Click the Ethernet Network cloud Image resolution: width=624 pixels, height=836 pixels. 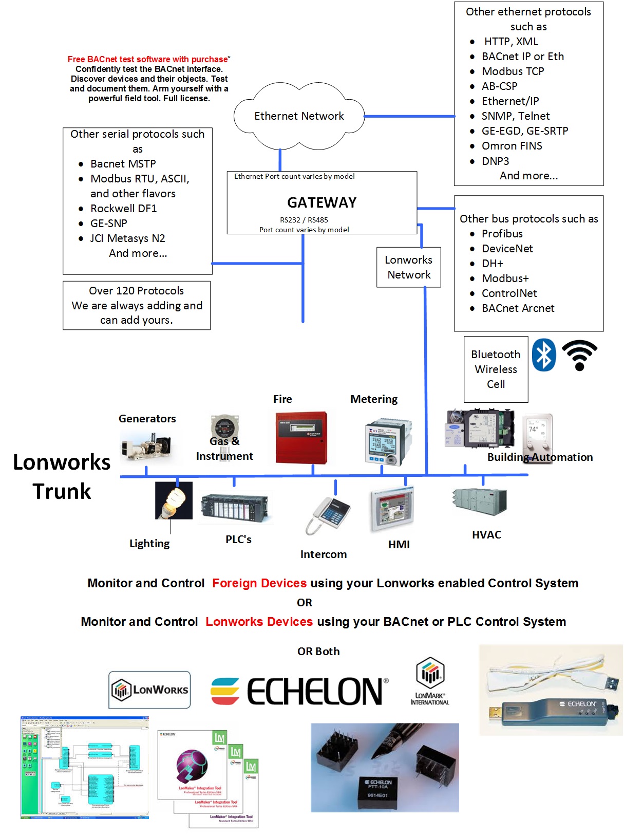[x=299, y=116]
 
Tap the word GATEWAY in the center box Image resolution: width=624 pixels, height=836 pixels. [x=322, y=202]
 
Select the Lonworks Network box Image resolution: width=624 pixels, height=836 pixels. [x=408, y=267]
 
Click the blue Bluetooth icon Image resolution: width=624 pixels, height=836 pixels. [x=543, y=355]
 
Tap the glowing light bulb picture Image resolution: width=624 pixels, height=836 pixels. [x=174, y=500]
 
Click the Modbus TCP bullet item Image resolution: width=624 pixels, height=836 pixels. [x=513, y=71]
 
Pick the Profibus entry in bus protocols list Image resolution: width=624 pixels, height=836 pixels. [x=502, y=234]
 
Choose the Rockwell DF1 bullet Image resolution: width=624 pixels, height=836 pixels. [x=123, y=209]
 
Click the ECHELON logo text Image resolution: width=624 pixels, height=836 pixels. [x=314, y=691]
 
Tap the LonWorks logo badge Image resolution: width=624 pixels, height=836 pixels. [x=149, y=690]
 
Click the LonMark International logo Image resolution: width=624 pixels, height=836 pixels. [x=430, y=681]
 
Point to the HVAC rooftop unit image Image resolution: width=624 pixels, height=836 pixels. [x=479, y=501]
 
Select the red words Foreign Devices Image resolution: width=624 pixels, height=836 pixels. [x=259, y=583]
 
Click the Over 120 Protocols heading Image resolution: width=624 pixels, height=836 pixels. [x=136, y=291]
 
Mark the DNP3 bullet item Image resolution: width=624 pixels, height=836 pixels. [x=495, y=161]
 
